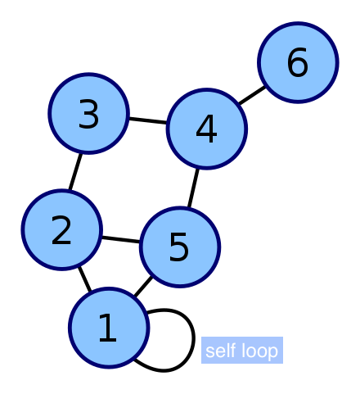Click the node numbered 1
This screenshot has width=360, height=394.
pos(109,328)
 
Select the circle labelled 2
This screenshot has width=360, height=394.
pos(61,230)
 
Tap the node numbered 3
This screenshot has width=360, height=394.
pos(88,114)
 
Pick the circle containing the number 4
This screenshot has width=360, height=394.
pos(206,129)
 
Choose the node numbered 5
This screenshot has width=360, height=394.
pos(179,247)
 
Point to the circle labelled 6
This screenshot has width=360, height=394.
pos(298,63)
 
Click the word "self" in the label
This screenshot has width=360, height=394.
pos(220,351)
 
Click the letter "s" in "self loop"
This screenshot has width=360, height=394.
pos(209,352)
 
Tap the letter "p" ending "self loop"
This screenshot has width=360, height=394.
pos(274,353)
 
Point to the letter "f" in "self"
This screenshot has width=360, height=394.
pos(233,351)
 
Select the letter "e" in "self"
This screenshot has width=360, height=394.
pos(218,352)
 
